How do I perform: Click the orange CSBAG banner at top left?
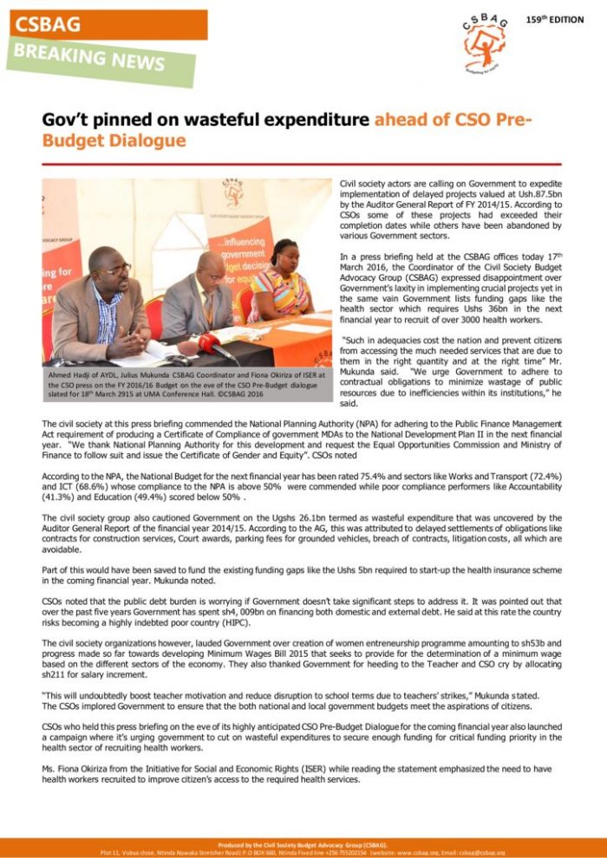point(104,24)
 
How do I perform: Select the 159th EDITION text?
point(554,19)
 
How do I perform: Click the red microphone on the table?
point(208,342)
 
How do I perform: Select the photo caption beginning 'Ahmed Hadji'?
point(187,385)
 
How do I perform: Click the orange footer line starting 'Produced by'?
point(303,843)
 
